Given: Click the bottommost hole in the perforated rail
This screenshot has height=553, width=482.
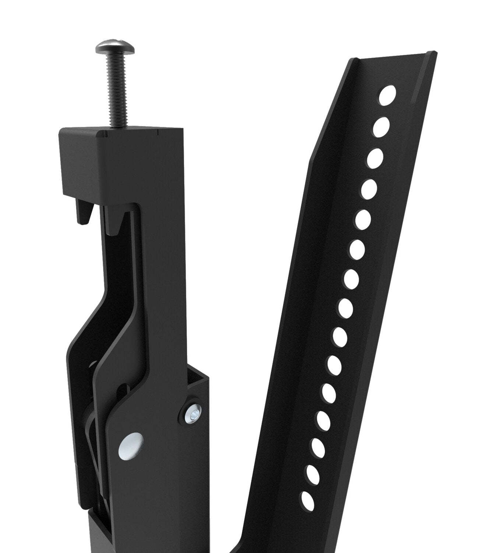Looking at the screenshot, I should tap(307, 501).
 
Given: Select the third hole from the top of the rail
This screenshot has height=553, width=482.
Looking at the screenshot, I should tap(375, 157).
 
